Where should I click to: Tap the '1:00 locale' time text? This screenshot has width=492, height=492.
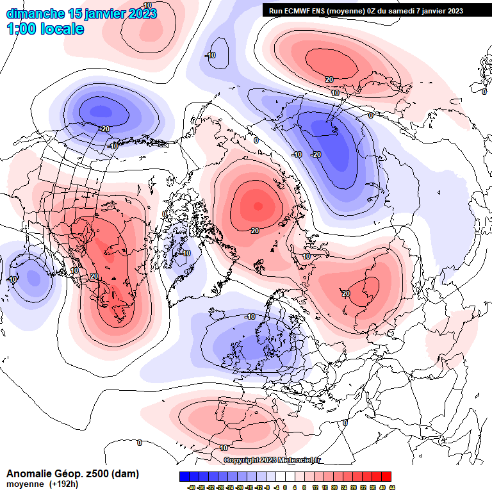click(x=45, y=29)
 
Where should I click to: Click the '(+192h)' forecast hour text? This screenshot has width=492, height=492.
click(x=63, y=484)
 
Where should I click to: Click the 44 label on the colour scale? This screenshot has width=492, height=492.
click(x=391, y=487)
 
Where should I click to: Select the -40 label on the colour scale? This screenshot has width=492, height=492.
click(x=191, y=487)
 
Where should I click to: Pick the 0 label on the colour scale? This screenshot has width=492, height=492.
click(x=285, y=487)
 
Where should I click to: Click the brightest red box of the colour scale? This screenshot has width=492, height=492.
click(x=386, y=477)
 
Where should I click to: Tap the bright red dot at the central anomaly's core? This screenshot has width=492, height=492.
click(x=258, y=206)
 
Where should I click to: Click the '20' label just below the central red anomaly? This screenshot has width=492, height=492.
click(x=254, y=231)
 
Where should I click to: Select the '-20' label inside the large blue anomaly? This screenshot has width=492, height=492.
click(x=316, y=154)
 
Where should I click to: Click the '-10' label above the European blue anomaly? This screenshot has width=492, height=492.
click(x=250, y=316)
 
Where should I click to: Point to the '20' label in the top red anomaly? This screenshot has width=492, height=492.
click(x=329, y=79)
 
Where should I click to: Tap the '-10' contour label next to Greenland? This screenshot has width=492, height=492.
click(x=185, y=253)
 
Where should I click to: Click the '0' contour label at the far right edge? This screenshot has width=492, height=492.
click(x=484, y=92)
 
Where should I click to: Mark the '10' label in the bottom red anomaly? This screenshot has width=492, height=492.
click(x=224, y=448)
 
